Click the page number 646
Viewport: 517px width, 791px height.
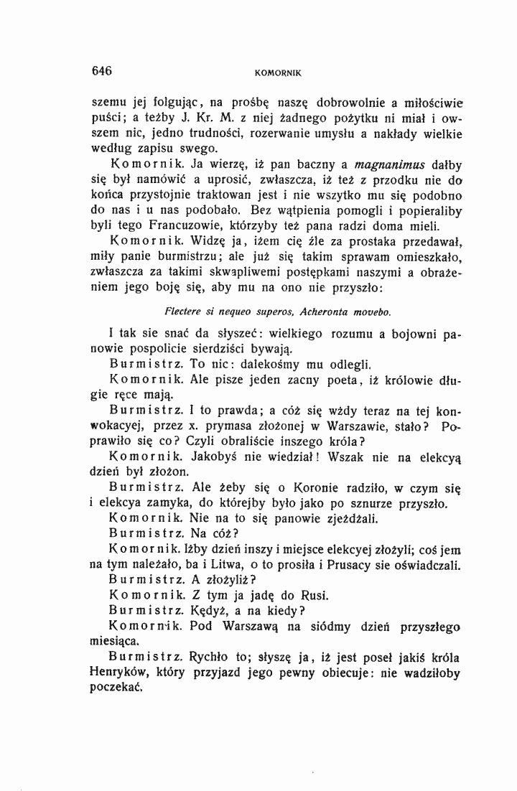coord(101,70)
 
